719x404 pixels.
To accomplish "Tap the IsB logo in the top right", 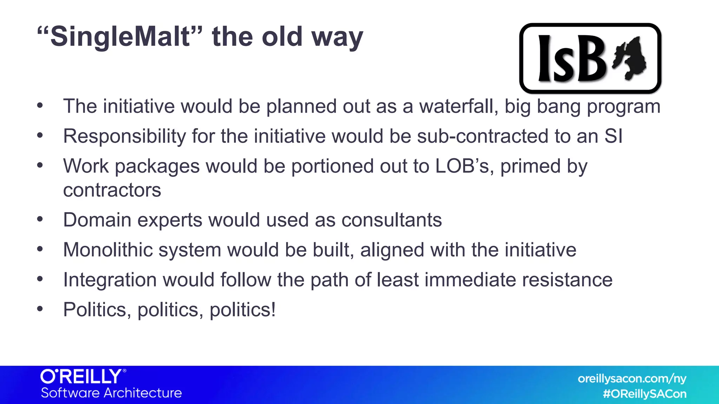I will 590,58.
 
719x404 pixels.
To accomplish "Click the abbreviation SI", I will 613,136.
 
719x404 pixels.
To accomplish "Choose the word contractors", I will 112,190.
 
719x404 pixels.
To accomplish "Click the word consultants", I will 391,220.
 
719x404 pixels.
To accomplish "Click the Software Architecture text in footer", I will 111,393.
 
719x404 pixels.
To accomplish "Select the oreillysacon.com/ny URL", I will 632,379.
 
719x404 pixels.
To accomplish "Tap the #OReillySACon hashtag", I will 645,394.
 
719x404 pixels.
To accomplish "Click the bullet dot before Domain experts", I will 40,220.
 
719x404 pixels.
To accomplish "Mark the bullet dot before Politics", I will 40,309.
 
